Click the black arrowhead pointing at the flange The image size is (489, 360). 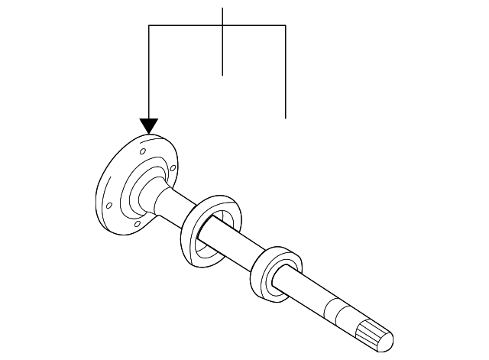coord(149,126)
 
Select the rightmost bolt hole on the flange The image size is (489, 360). coord(175,168)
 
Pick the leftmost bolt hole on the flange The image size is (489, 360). coord(109,205)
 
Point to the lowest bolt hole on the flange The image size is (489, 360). coord(136,225)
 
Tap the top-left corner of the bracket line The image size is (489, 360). coord(149,26)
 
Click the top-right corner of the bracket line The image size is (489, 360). coord(285,26)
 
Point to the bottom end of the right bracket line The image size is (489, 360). coord(285,118)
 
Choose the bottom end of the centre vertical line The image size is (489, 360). coord(222,74)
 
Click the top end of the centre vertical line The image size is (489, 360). coord(222,8)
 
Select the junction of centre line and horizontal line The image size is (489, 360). coord(222,26)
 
